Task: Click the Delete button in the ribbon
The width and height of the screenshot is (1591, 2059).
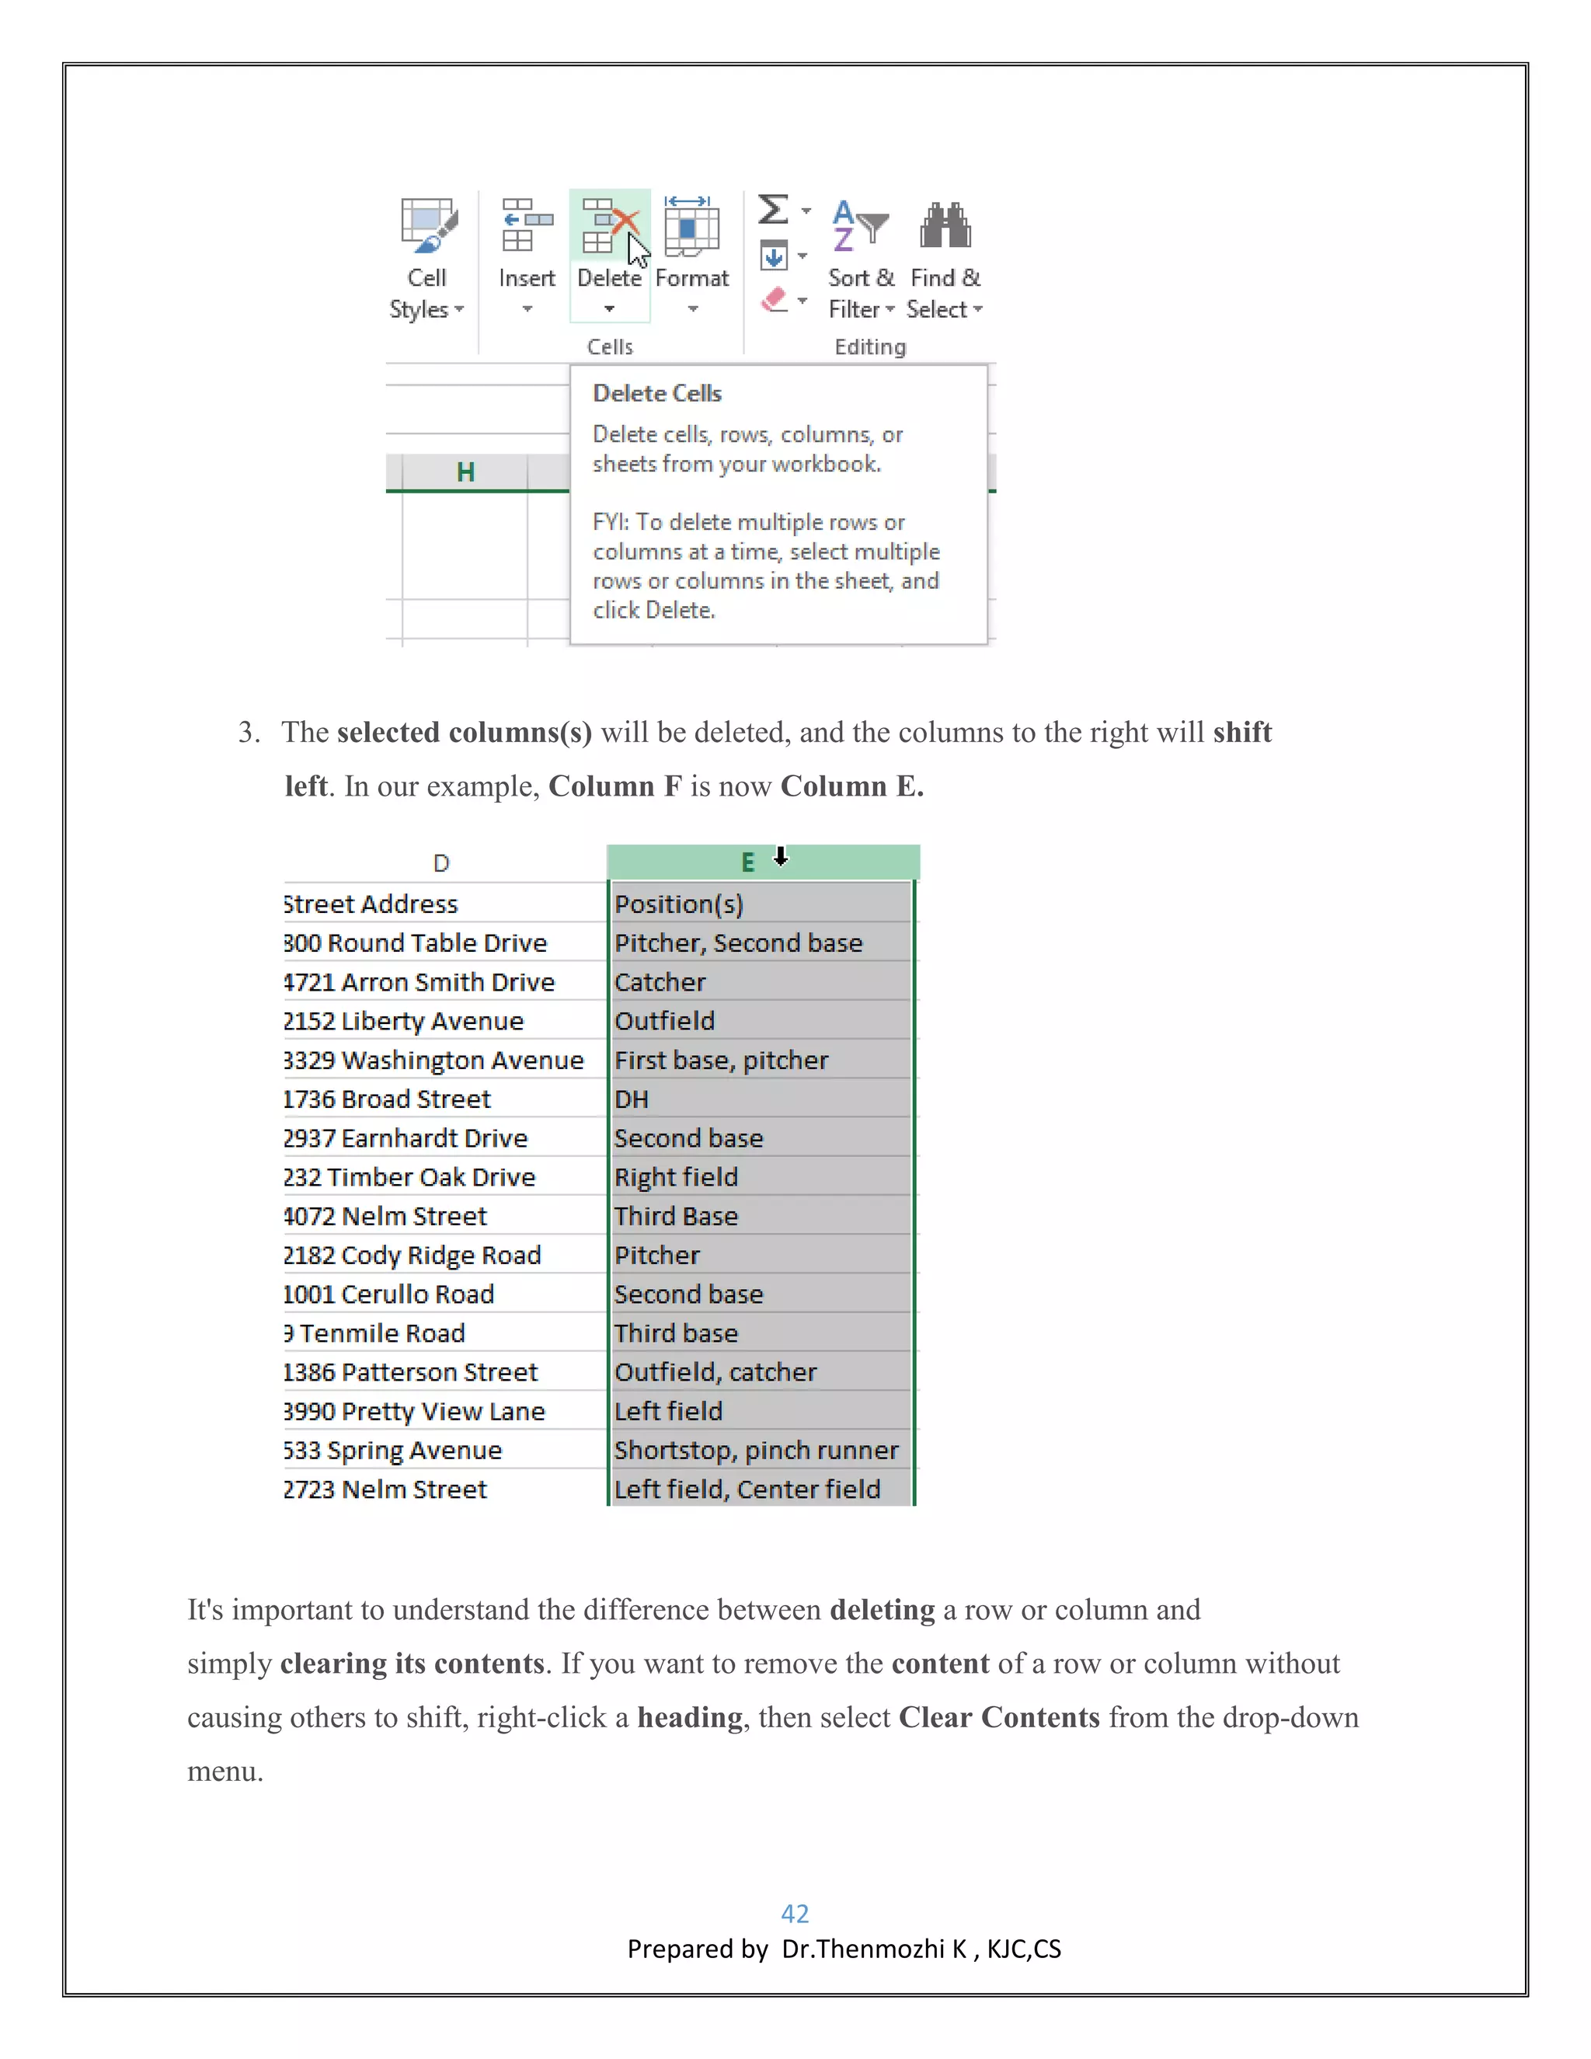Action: tap(609, 255)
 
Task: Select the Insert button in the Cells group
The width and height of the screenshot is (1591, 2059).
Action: tap(527, 255)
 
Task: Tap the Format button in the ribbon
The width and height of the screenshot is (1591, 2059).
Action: tap(692, 255)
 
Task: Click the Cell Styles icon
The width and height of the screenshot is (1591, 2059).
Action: tap(428, 226)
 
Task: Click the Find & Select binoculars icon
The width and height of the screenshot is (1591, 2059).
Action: tap(945, 226)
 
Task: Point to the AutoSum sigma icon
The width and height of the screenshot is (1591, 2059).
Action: tap(773, 209)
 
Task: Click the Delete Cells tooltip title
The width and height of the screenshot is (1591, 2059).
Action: tap(657, 393)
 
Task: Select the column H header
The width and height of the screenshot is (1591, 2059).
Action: tap(465, 472)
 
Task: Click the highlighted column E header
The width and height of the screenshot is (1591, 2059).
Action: tap(747, 862)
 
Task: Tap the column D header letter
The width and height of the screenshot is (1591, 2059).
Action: tap(441, 862)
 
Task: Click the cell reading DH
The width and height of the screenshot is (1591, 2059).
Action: tap(632, 1099)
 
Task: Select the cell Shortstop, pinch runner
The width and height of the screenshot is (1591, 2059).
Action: tap(756, 1450)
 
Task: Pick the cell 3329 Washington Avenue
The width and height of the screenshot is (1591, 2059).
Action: tap(433, 1061)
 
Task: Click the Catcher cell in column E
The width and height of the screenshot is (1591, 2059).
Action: tap(660, 982)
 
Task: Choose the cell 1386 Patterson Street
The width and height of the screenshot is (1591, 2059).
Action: tap(411, 1373)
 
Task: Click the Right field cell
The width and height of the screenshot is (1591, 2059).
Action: tap(676, 1177)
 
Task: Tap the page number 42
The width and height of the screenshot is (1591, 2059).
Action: tap(795, 1913)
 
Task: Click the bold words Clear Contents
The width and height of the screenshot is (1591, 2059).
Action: tap(998, 1718)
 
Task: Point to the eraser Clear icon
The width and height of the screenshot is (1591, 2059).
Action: tap(774, 301)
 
